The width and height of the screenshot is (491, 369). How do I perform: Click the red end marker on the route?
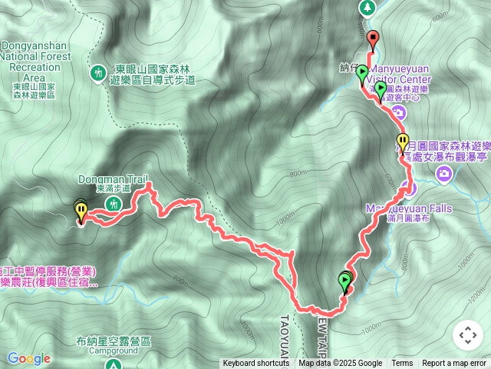pos(373,37)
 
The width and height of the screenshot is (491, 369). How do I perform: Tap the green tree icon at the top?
pos(367,7)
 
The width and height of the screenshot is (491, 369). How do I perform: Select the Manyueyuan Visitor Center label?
pos(399,78)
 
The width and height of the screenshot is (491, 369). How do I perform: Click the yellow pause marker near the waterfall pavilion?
pos(403,141)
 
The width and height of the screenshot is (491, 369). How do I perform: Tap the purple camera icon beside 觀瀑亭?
pos(444,176)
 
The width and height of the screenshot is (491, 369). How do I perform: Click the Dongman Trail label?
pos(113,179)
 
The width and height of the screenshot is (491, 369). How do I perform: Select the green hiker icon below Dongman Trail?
pos(114,203)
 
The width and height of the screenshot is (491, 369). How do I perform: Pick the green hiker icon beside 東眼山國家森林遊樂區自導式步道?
pos(97,73)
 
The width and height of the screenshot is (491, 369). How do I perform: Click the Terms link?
pos(402,364)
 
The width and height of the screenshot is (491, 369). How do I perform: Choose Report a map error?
pos(454,364)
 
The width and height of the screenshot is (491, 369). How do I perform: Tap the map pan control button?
pos(467,335)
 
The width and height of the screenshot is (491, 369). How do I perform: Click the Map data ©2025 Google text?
pos(340,364)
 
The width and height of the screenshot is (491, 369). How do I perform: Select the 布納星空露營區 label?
pos(114,341)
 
